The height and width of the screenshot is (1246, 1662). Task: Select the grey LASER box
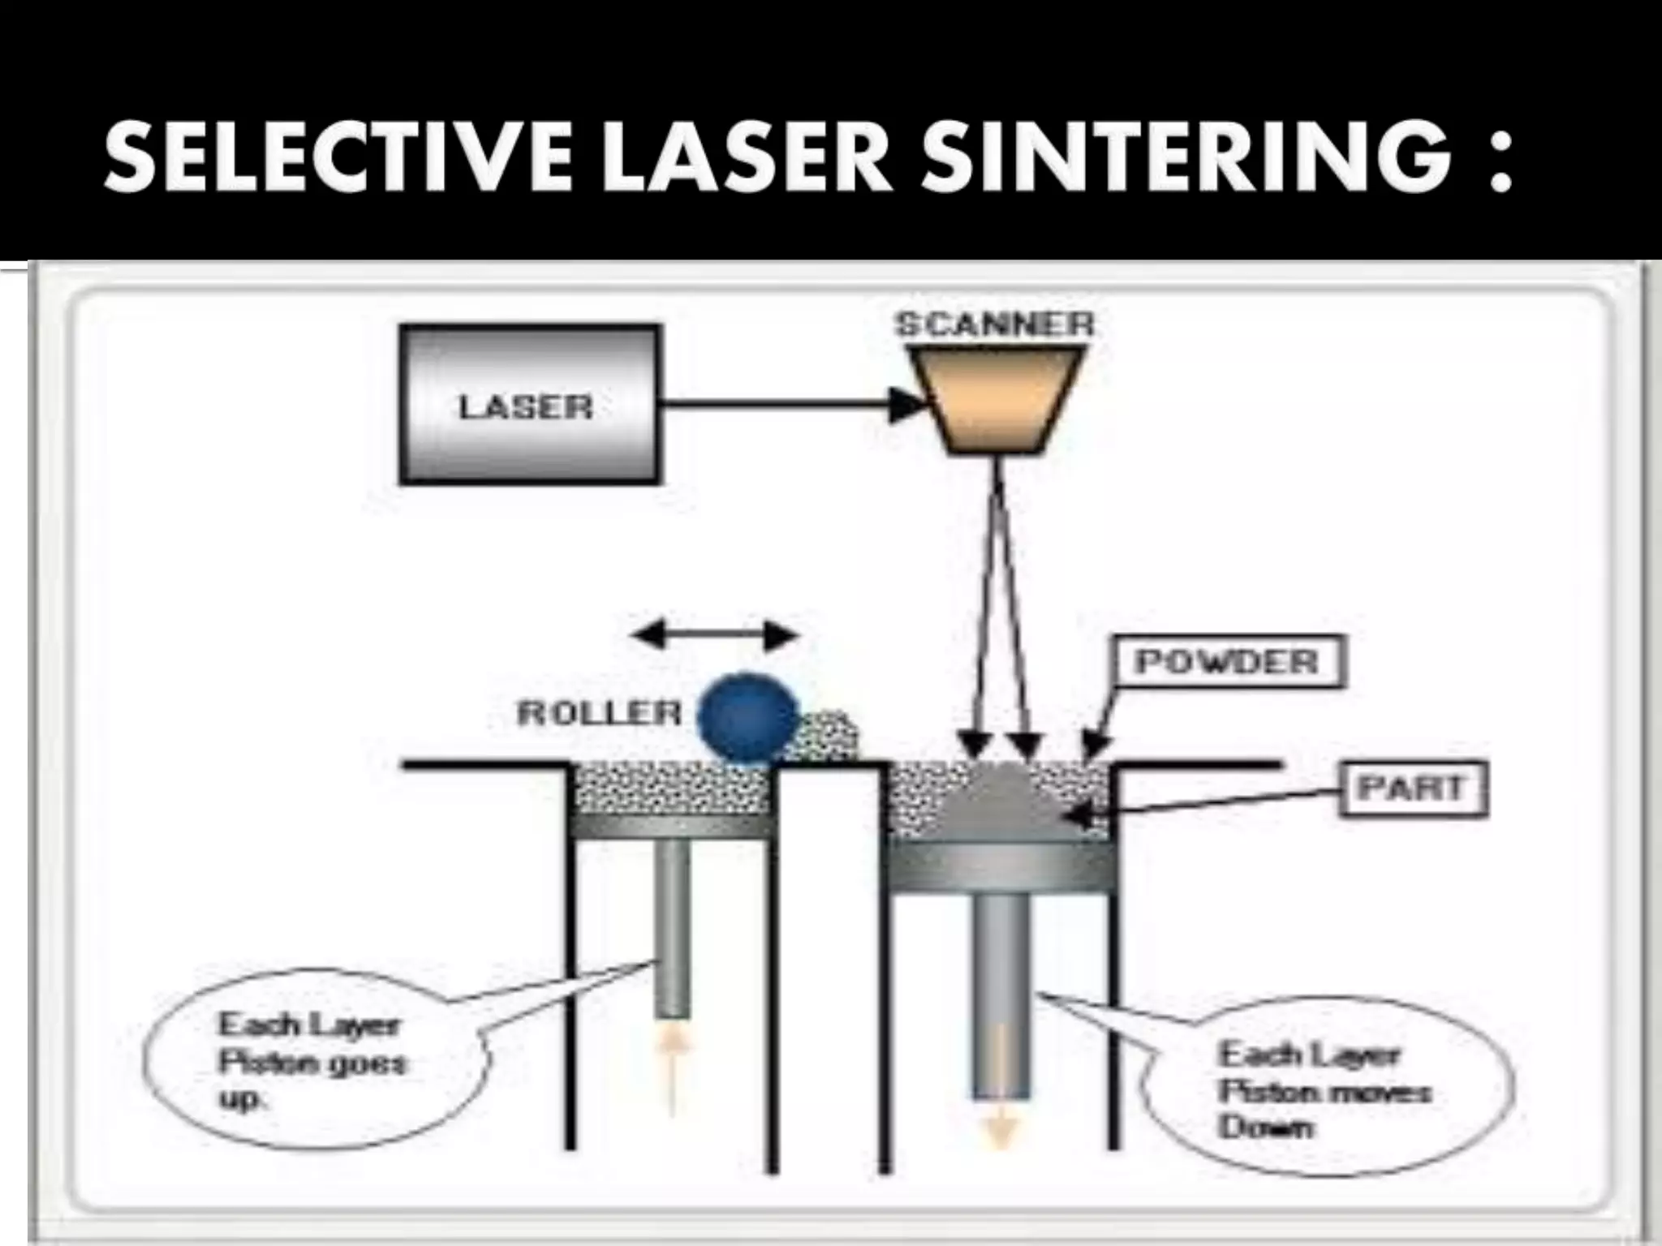[529, 405]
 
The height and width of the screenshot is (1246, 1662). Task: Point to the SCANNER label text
[994, 325]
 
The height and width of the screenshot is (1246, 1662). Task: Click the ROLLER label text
[600, 714]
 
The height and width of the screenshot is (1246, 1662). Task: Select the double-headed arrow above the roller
[714, 635]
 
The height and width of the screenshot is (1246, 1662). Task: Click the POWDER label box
[1227, 662]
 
